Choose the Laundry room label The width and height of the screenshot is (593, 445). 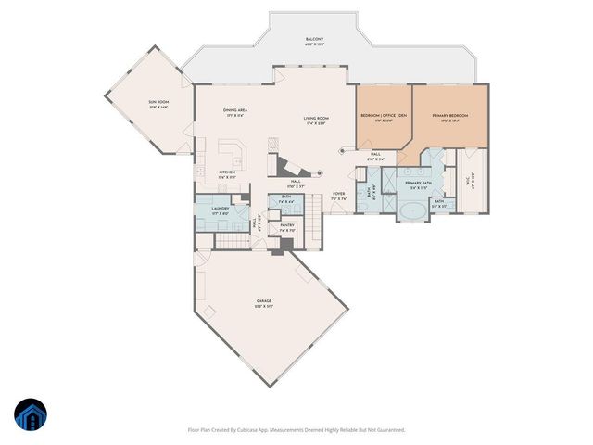(x=220, y=210)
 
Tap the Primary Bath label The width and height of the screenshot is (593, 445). (x=418, y=184)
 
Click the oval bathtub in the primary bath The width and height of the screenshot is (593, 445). (x=413, y=210)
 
